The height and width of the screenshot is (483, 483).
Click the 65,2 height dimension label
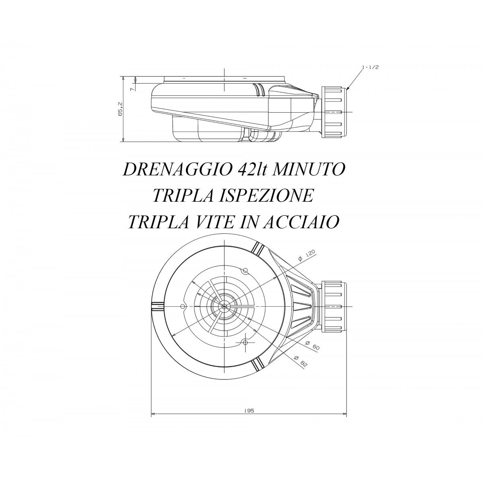[120, 109]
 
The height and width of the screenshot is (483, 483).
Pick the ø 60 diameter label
[313, 345]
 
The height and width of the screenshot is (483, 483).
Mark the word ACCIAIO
[300, 222]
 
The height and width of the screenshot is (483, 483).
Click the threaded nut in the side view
[334, 112]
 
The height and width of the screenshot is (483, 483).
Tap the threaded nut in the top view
[334, 306]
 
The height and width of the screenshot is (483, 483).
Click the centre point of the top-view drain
[224, 306]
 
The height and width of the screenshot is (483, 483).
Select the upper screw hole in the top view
[246, 270]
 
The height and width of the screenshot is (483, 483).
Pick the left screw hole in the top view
[182, 306]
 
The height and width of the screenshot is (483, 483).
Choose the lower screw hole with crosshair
[246, 343]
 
